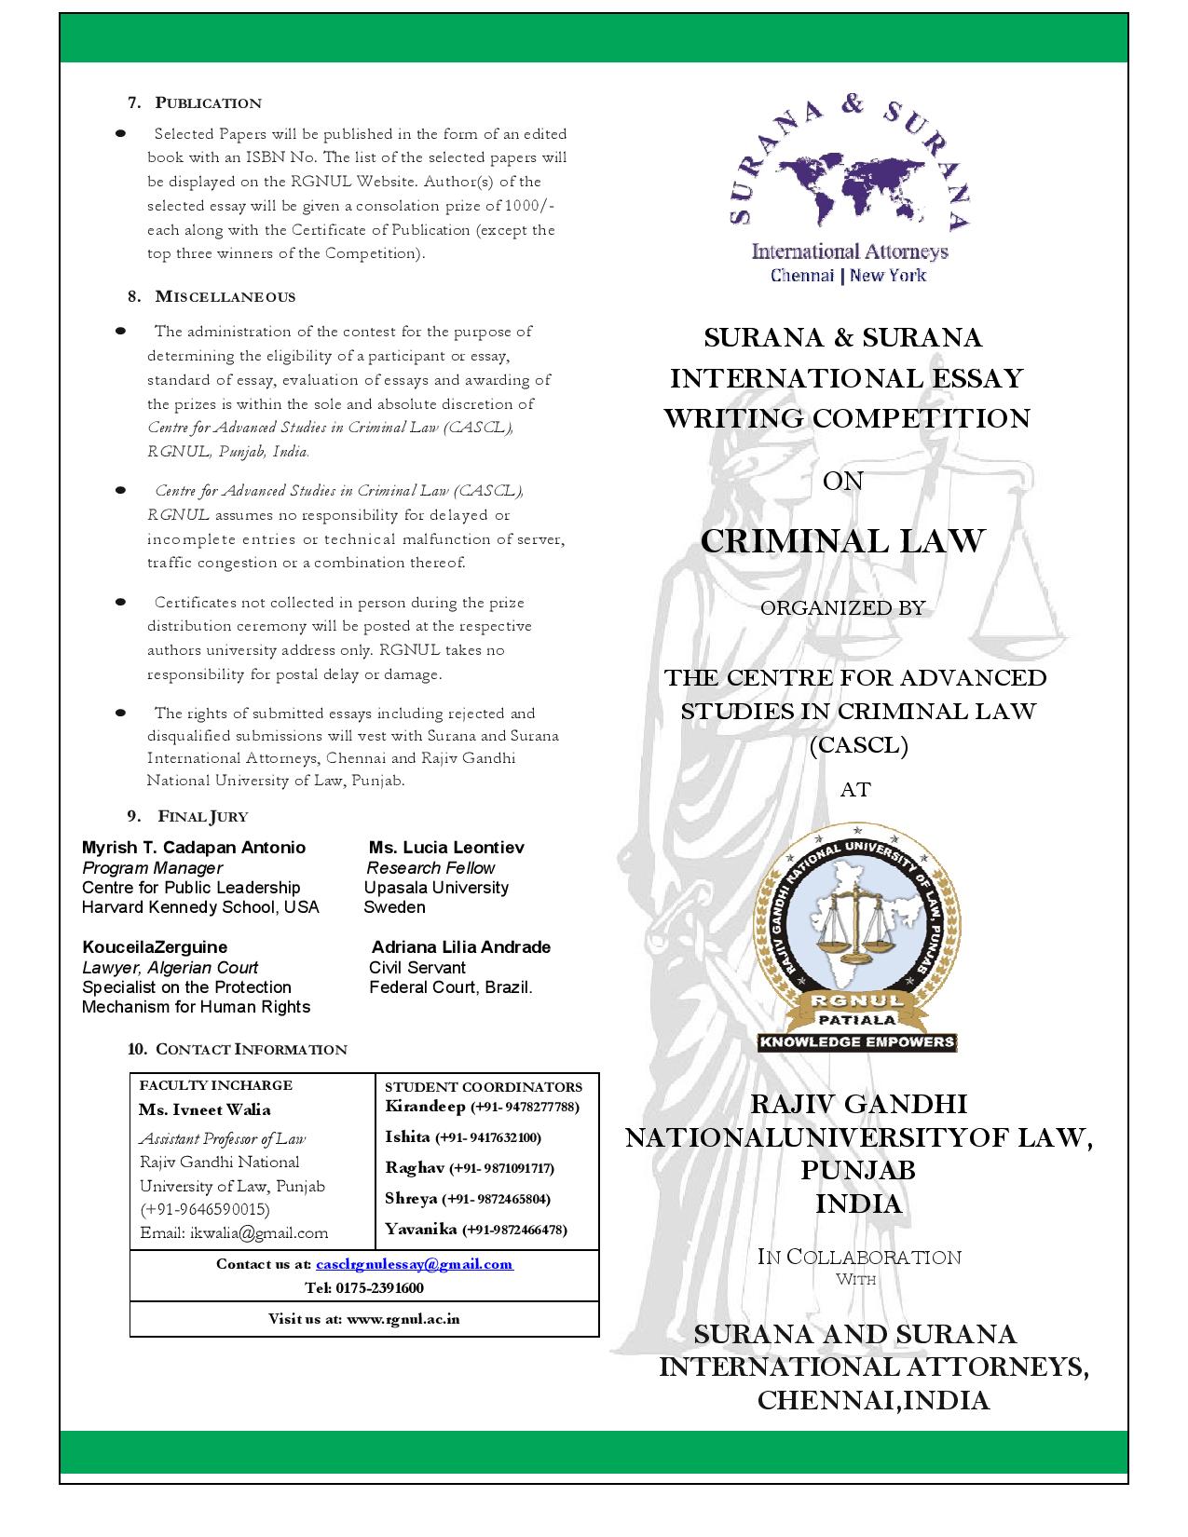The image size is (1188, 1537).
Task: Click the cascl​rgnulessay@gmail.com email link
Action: (414, 1264)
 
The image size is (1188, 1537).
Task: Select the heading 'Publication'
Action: (208, 102)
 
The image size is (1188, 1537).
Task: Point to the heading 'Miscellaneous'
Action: (225, 296)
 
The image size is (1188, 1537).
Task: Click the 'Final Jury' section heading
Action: (202, 817)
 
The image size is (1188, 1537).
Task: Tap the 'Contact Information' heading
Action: (251, 1050)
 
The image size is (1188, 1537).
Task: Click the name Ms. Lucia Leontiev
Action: (446, 848)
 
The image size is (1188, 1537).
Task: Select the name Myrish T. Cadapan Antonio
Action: (194, 848)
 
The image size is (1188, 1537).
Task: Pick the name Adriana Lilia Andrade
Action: (460, 947)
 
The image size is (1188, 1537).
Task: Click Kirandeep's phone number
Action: (526, 1107)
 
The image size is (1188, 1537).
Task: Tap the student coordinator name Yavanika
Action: (421, 1229)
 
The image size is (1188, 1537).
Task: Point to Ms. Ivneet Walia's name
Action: (205, 1109)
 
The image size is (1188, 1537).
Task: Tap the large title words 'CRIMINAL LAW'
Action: (842, 541)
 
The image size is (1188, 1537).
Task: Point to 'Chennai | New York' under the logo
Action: (848, 275)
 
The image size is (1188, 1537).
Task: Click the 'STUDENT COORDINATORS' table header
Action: (484, 1087)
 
